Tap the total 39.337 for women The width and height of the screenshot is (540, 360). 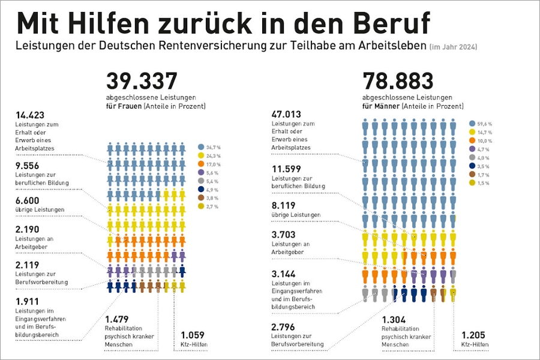click(x=142, y=82)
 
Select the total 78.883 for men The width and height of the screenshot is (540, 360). click(x=398, y=82)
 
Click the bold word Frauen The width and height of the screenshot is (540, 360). click(x=129, y=106)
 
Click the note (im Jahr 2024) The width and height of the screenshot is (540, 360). click(x=454, y=46)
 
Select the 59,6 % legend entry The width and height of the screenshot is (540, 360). click(x=480, y=123)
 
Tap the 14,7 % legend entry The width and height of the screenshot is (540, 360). click(x=480, y=131)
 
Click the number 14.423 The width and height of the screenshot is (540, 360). click(x=30, y=115)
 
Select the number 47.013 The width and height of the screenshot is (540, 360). click(x=286, y=115)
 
